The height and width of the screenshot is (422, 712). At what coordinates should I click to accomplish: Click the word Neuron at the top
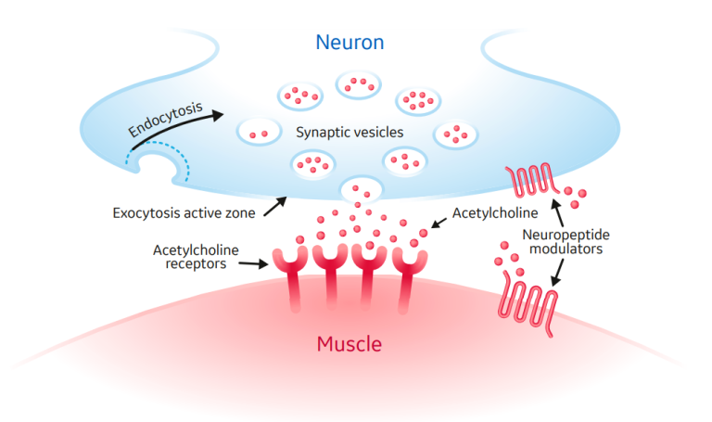click(350, 43)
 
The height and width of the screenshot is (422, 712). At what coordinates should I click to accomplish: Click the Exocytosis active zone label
click(183, 212)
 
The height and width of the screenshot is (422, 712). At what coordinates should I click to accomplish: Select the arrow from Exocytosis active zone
click(273, 206)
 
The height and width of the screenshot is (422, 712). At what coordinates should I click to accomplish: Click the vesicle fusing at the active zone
click(361, 190)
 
